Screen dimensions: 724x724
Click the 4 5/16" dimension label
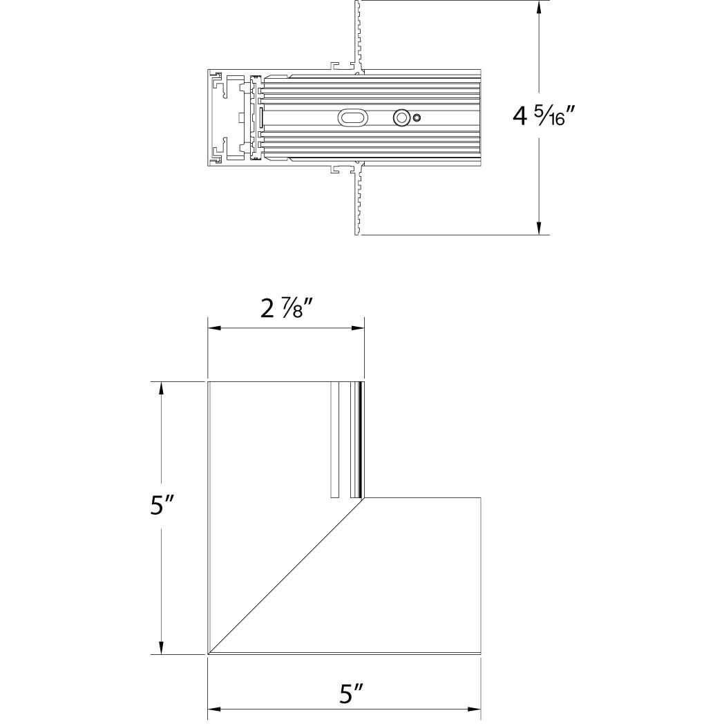[x=544, y=116]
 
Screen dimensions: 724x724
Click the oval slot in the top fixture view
[x=354, y=119]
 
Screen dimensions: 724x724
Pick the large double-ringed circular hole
[x=401, y=118]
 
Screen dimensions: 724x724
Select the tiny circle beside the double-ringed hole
[x=417, y=119]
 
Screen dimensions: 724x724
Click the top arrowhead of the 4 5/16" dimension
[x=540, y=6]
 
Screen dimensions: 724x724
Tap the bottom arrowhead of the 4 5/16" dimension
[x=540, y=229]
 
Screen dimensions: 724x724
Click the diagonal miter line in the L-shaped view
[x=286, y=575]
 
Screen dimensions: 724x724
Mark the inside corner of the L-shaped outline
[x=364, y=497]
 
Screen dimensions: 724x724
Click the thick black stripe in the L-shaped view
[x=361, y=439]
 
